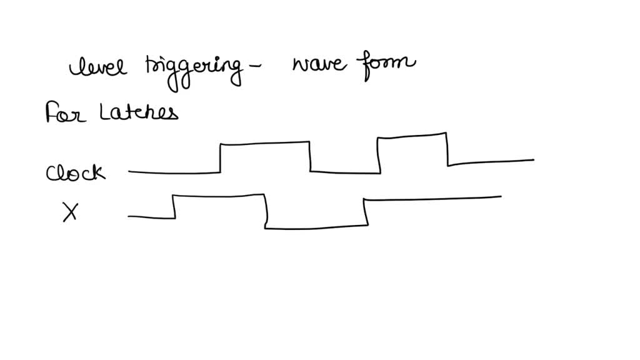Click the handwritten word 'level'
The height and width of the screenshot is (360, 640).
[98, 66]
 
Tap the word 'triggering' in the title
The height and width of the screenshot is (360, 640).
[194, 71]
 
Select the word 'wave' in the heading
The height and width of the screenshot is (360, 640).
[319, 64]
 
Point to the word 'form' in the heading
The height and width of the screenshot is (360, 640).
[386, 64]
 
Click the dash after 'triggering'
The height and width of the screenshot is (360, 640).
[254, 65]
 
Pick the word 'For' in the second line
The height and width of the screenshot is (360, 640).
[65, 112]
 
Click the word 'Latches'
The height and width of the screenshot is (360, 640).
[139, 112]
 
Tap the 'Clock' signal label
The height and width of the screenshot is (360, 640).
[76, 172]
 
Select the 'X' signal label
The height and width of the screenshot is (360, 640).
[70, 212]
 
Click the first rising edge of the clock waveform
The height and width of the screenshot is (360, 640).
[221, 158]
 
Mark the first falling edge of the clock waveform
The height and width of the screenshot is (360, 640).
[310, 156]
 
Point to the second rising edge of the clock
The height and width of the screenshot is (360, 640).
[379, 156]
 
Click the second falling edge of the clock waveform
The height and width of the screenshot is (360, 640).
[447, 149]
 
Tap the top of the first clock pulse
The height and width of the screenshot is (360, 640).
[265, 143]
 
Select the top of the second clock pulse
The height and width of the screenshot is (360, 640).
[412, 136]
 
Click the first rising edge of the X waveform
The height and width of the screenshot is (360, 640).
[174, 206]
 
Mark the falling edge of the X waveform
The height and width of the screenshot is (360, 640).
[266, 211]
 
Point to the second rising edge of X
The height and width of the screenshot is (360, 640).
[366, 211]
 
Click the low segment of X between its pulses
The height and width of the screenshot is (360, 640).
[316, 227]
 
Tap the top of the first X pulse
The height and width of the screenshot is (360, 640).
[218, 196]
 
